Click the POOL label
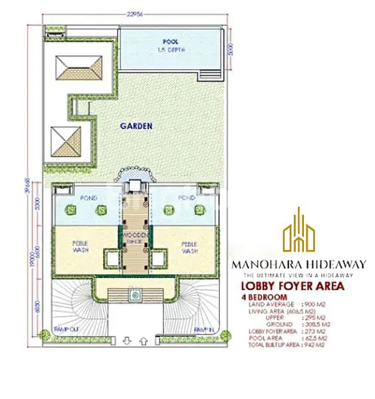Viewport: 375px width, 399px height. point(170,41)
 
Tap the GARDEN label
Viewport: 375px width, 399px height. point(136,125)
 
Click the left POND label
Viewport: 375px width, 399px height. point(88,198)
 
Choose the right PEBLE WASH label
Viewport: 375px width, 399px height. point(190,247)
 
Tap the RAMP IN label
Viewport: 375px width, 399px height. point(203,330)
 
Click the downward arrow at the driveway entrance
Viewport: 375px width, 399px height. point(126,341)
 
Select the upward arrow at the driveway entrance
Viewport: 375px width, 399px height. point(144,341)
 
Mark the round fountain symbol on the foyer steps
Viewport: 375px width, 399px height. point(135,293)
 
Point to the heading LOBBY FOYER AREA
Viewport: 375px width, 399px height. point(293,287)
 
